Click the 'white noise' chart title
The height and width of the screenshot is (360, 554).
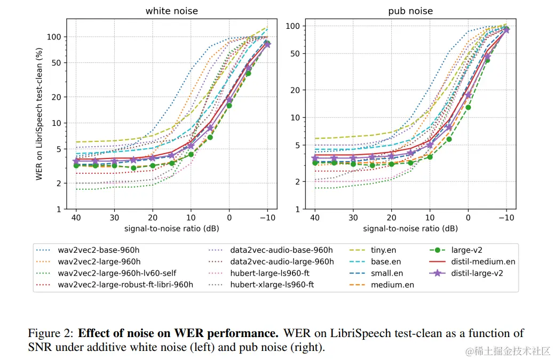(x=171, y=11)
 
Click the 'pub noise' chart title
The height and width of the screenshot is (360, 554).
(x=410, y=11)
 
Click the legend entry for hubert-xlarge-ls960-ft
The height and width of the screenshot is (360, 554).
(x=272, y=285)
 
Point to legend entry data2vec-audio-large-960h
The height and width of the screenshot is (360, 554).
(x=282, y=261)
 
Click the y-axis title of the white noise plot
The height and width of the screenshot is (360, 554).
(x=39, y=114)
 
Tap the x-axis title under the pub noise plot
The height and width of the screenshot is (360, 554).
(x=410, y=228)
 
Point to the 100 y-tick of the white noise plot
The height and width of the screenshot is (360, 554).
(x=55, y=37)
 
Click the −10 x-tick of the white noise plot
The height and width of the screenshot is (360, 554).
(x=267, y=217)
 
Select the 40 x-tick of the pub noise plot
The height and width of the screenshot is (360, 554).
(x=314, y=217)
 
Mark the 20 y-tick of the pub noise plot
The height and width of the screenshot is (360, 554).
(x=296, y=90)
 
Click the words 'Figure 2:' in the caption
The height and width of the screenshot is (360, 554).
(x=50, y=334)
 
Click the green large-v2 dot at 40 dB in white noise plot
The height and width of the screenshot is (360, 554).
(x=76, y=166)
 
